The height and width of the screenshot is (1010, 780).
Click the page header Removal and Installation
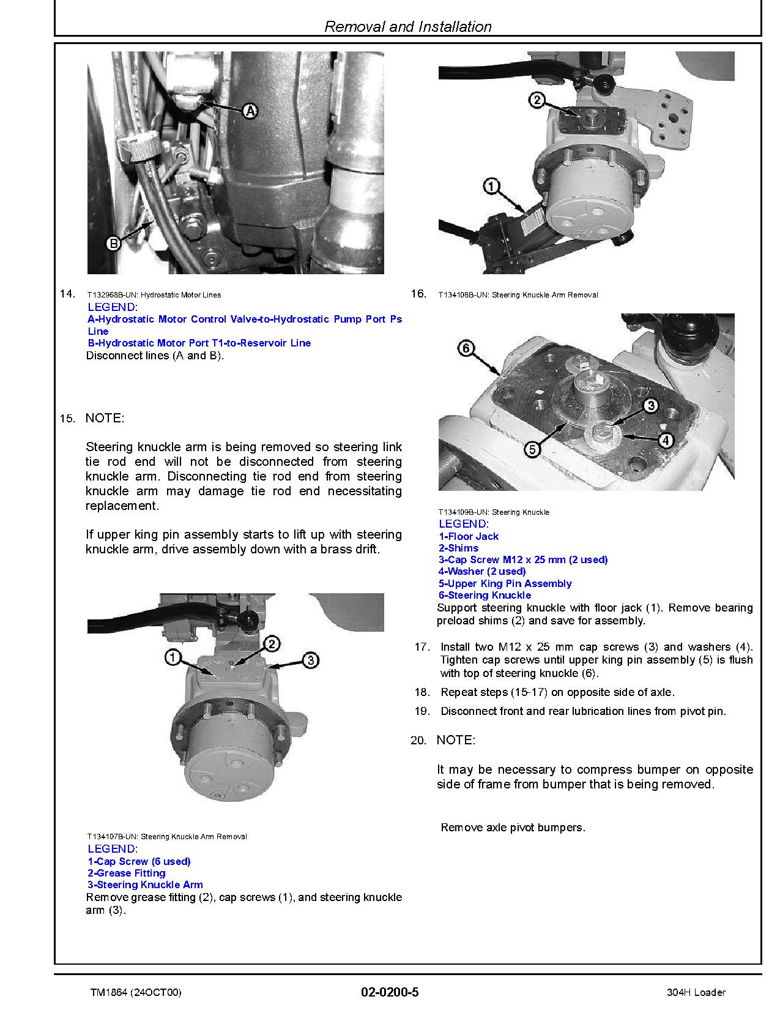(x=407, y=27)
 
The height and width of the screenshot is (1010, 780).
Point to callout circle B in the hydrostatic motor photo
(x=113, y=244)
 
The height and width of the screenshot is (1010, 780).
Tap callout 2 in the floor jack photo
(x=537, y=100)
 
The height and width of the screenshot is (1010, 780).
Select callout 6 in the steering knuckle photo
(x=466, y=349)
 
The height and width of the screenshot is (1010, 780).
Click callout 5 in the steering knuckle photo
(x=532, y=450)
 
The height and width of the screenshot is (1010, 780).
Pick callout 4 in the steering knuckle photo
(x=666, y=440)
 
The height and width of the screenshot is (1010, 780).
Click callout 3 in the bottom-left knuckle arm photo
(x=311, y=660)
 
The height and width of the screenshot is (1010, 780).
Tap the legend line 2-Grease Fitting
(x=127, y=873)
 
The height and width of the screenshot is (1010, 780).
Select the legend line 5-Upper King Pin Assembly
(x=505, y=583)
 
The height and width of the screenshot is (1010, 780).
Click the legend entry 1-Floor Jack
(x=469, y=536)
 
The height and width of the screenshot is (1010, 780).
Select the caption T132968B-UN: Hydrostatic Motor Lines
(x=154, y=295)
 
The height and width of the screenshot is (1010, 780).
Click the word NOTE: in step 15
(x=104, y=418)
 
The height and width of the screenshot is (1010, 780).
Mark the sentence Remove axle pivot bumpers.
(x=513, y=828)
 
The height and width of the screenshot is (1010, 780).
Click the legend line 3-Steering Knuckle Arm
(x=145, y=885)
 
